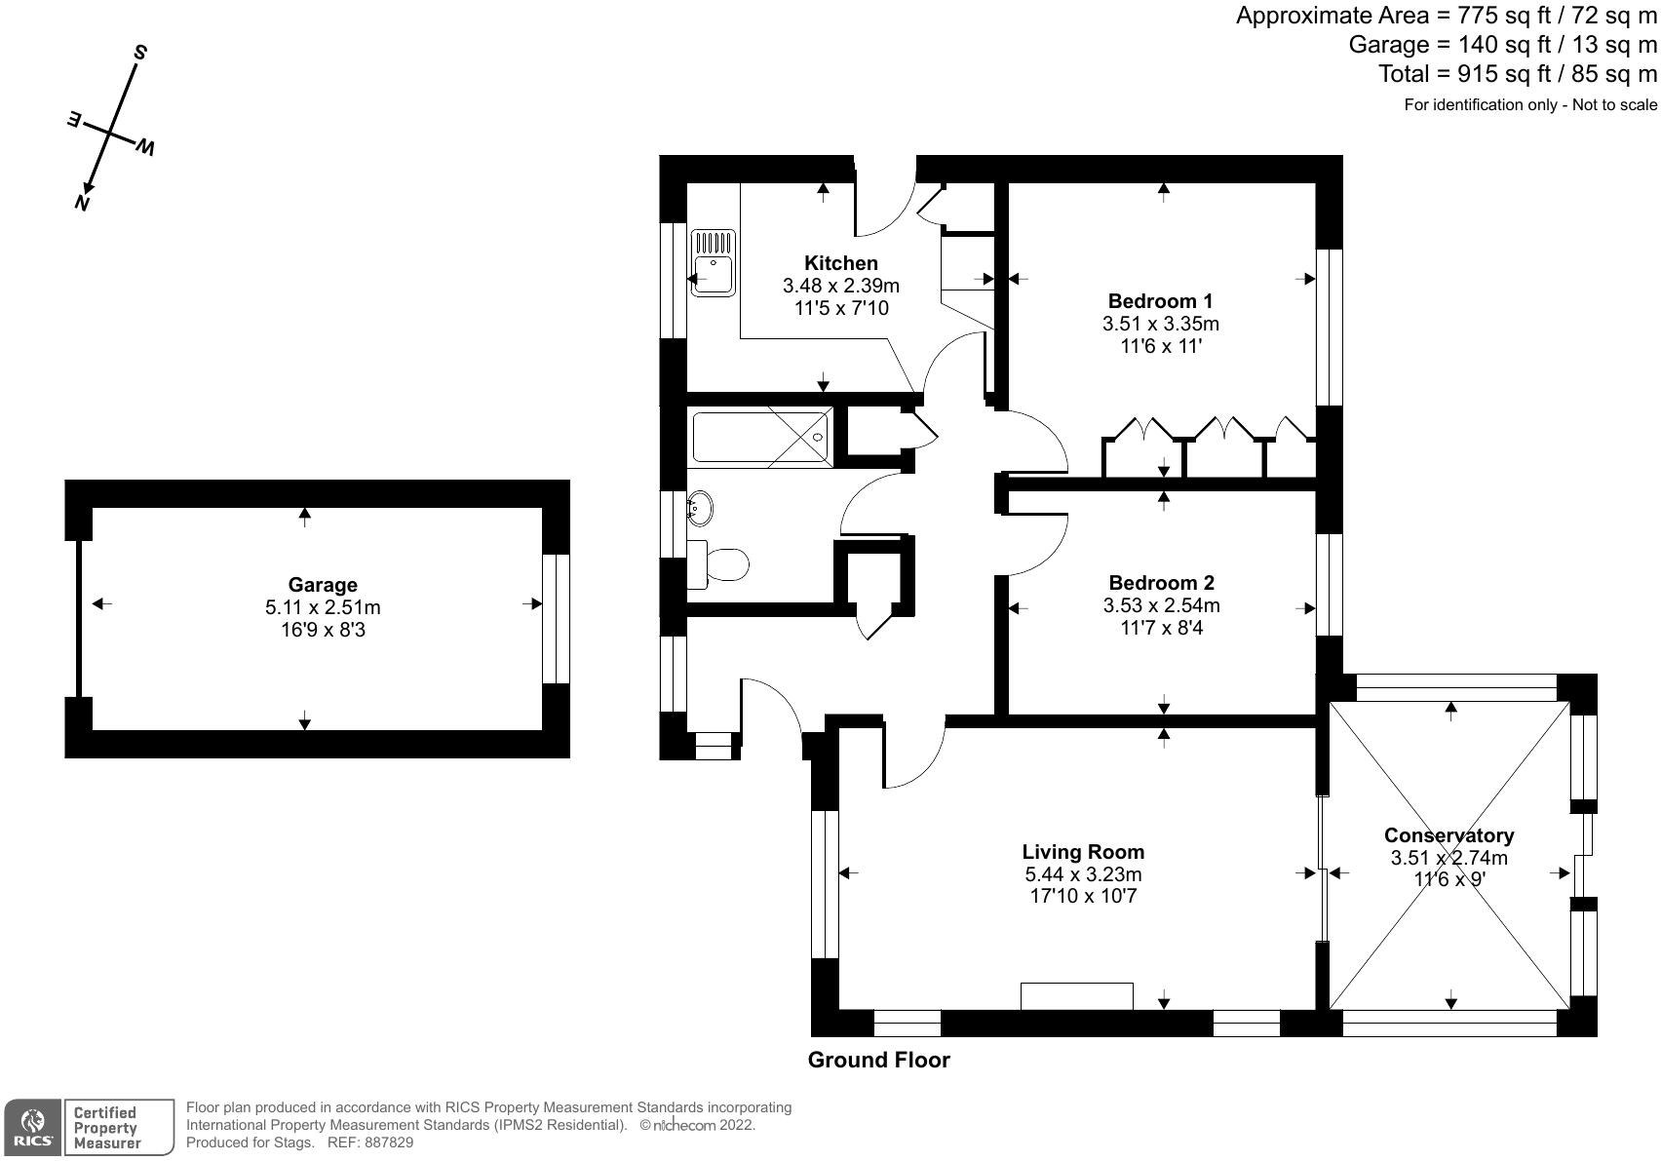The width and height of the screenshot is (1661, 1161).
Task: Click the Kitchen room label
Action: [841, 263]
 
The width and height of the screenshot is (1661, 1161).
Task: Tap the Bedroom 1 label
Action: [1161, 301]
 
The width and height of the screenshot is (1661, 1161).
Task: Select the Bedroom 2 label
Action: [1161, 583]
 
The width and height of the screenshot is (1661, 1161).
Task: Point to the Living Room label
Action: [1083, 852]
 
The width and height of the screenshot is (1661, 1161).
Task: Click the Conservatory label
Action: [1449, 835]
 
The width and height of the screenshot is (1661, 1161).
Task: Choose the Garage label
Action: [323, 585]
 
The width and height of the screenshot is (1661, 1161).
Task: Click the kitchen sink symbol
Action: [714, 263]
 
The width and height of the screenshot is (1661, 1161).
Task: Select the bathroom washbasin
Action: [699, 509]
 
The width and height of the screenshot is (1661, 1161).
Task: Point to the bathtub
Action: [760, 438]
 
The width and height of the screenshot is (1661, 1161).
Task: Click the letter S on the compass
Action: [139, 53]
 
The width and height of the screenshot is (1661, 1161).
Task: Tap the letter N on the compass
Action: [82, 203]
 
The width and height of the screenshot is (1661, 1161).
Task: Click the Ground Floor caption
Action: [878, 1061]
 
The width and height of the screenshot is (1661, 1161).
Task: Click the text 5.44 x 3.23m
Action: [1083, 874]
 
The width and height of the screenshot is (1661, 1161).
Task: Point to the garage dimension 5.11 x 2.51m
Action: [323, 607]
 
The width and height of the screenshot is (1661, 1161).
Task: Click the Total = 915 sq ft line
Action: [1517, 74]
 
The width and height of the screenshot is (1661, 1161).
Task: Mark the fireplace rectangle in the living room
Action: [1077, 995]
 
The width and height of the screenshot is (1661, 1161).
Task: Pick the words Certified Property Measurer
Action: [106, 1128]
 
